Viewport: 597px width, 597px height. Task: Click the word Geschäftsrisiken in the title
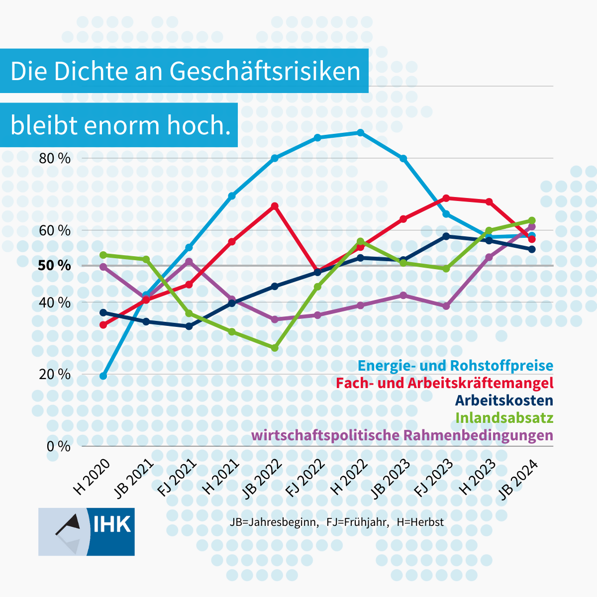(265, 71)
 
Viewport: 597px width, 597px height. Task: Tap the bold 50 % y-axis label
(54, 266)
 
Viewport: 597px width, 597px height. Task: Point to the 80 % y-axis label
(55, 159)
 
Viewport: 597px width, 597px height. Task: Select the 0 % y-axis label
(58, 446)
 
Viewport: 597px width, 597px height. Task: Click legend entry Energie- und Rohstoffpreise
(455, 366)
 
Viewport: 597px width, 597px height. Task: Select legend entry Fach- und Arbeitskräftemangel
(444, 383)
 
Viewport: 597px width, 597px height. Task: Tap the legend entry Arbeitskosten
(503, 400)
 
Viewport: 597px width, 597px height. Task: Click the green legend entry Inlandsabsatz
(504, 417)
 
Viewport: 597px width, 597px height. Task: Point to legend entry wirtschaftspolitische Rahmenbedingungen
(402, 435)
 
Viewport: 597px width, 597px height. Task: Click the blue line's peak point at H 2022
(360, 132)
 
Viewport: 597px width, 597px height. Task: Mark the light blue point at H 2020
(103, 376)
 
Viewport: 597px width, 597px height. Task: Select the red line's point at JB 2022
(275, 205)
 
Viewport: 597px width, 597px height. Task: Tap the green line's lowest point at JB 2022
(275, 348)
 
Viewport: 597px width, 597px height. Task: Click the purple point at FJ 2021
(189, 261)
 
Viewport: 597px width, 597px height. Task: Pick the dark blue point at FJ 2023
(446, 236)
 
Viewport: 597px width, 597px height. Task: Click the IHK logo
(86, 531)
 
